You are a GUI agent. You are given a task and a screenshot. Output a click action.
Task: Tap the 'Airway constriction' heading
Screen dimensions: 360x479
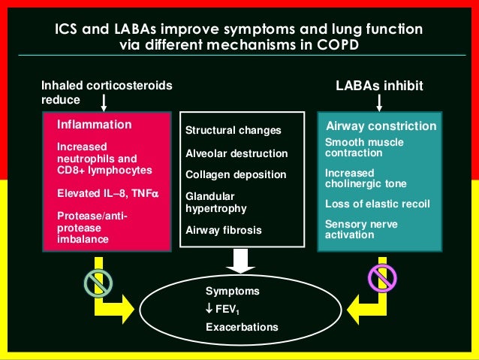coord(380,126)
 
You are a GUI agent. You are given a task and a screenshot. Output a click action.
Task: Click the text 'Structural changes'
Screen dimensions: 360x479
coord(233,131)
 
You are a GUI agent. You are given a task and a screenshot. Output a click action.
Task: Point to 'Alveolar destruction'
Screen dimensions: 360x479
coord(236,153)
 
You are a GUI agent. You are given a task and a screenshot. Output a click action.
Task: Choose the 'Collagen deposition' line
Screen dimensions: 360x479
coord(236,174)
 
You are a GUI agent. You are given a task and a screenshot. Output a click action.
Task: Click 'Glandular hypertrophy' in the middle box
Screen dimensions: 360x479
coord(215,202)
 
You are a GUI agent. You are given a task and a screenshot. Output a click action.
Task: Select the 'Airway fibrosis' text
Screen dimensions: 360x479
coord(224,231)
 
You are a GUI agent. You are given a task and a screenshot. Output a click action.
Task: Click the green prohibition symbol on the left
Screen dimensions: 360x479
coord(98,282)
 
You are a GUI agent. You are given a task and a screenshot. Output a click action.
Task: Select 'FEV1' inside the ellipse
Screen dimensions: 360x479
coord(224,309)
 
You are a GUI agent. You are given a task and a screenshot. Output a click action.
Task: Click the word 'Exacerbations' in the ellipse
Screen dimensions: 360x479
coord(242,327)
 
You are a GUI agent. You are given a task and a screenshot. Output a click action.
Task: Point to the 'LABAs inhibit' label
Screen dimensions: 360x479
coord(379,86)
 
